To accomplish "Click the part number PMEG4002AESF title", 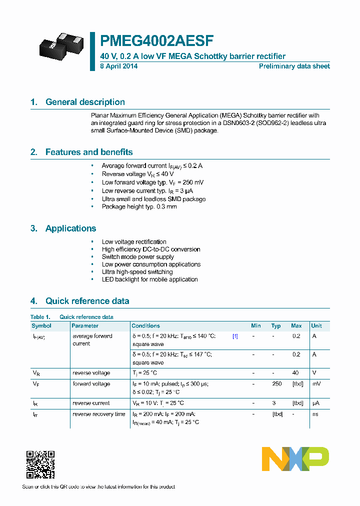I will point(157,41).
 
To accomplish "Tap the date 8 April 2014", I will point(118,66).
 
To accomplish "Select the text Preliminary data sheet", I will point(294,66).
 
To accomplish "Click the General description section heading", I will point(85,102).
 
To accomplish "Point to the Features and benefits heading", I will point(88,152).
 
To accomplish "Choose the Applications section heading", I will point(70,228).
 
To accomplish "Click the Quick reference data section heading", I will point(87,301).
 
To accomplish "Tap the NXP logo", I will point(295,459).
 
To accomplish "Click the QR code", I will point(40,464).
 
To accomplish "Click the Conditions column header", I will point(146,325).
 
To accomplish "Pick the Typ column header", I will point(276,325).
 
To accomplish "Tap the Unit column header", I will point(316,325).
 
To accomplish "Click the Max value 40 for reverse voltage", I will point(295,373).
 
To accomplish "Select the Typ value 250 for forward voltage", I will point(276,384).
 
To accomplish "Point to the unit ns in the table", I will point(315,414).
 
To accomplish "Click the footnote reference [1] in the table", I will point(235,336).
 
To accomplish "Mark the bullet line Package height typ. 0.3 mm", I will point(139,207).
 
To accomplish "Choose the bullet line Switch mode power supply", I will point(137,257).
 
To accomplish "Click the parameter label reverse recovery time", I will point(99,414).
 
